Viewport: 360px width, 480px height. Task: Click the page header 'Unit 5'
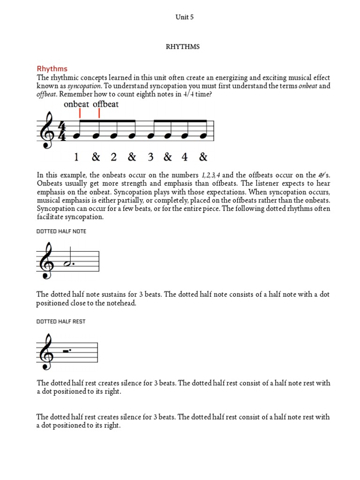point(184,17)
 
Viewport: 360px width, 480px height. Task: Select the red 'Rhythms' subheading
point(52,69)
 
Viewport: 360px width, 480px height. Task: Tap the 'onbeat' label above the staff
point(76,104)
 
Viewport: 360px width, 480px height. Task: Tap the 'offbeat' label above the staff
point(105,104)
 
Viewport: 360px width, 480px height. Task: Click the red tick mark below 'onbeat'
point(80,114)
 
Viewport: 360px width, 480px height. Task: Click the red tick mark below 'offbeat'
point(99,114)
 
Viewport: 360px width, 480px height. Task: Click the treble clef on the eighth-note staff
point(47,131)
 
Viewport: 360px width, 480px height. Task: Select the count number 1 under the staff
point(76,157)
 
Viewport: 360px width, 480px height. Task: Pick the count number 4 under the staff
point(185,157)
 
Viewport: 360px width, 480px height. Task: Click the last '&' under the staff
point(203,157)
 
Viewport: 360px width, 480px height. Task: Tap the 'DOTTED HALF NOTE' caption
point(61,232)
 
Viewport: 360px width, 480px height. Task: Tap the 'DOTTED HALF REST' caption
point(61,322)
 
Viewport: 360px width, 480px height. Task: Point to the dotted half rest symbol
point(68,350)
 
